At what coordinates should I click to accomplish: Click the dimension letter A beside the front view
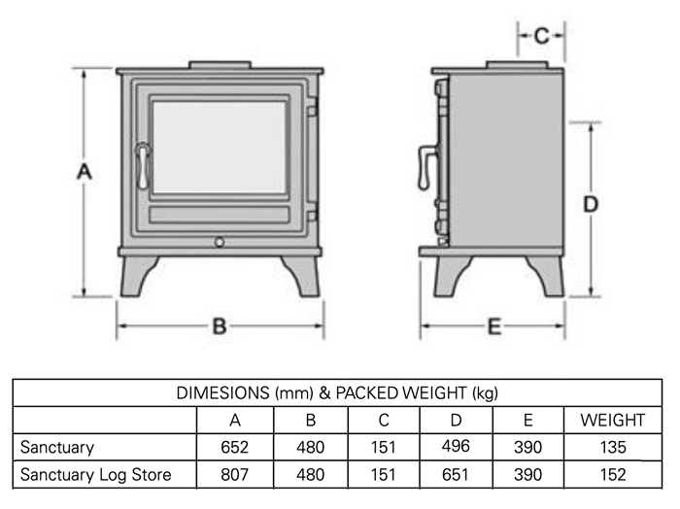point(85,172)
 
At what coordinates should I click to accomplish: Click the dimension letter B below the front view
point(220,327)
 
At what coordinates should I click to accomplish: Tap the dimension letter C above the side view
point(542,36)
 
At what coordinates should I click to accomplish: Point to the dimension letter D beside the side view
point(590,205)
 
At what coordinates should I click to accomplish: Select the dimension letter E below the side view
point(493,327)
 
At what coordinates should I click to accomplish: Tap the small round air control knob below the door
point(220,241)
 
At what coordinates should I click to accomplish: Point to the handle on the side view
point(425,169)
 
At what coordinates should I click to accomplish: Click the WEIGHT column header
point(612,421)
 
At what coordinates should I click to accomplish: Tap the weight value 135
point(612,448)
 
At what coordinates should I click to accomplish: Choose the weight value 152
point(612,475)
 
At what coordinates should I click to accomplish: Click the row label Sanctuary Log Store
point(96,475)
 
